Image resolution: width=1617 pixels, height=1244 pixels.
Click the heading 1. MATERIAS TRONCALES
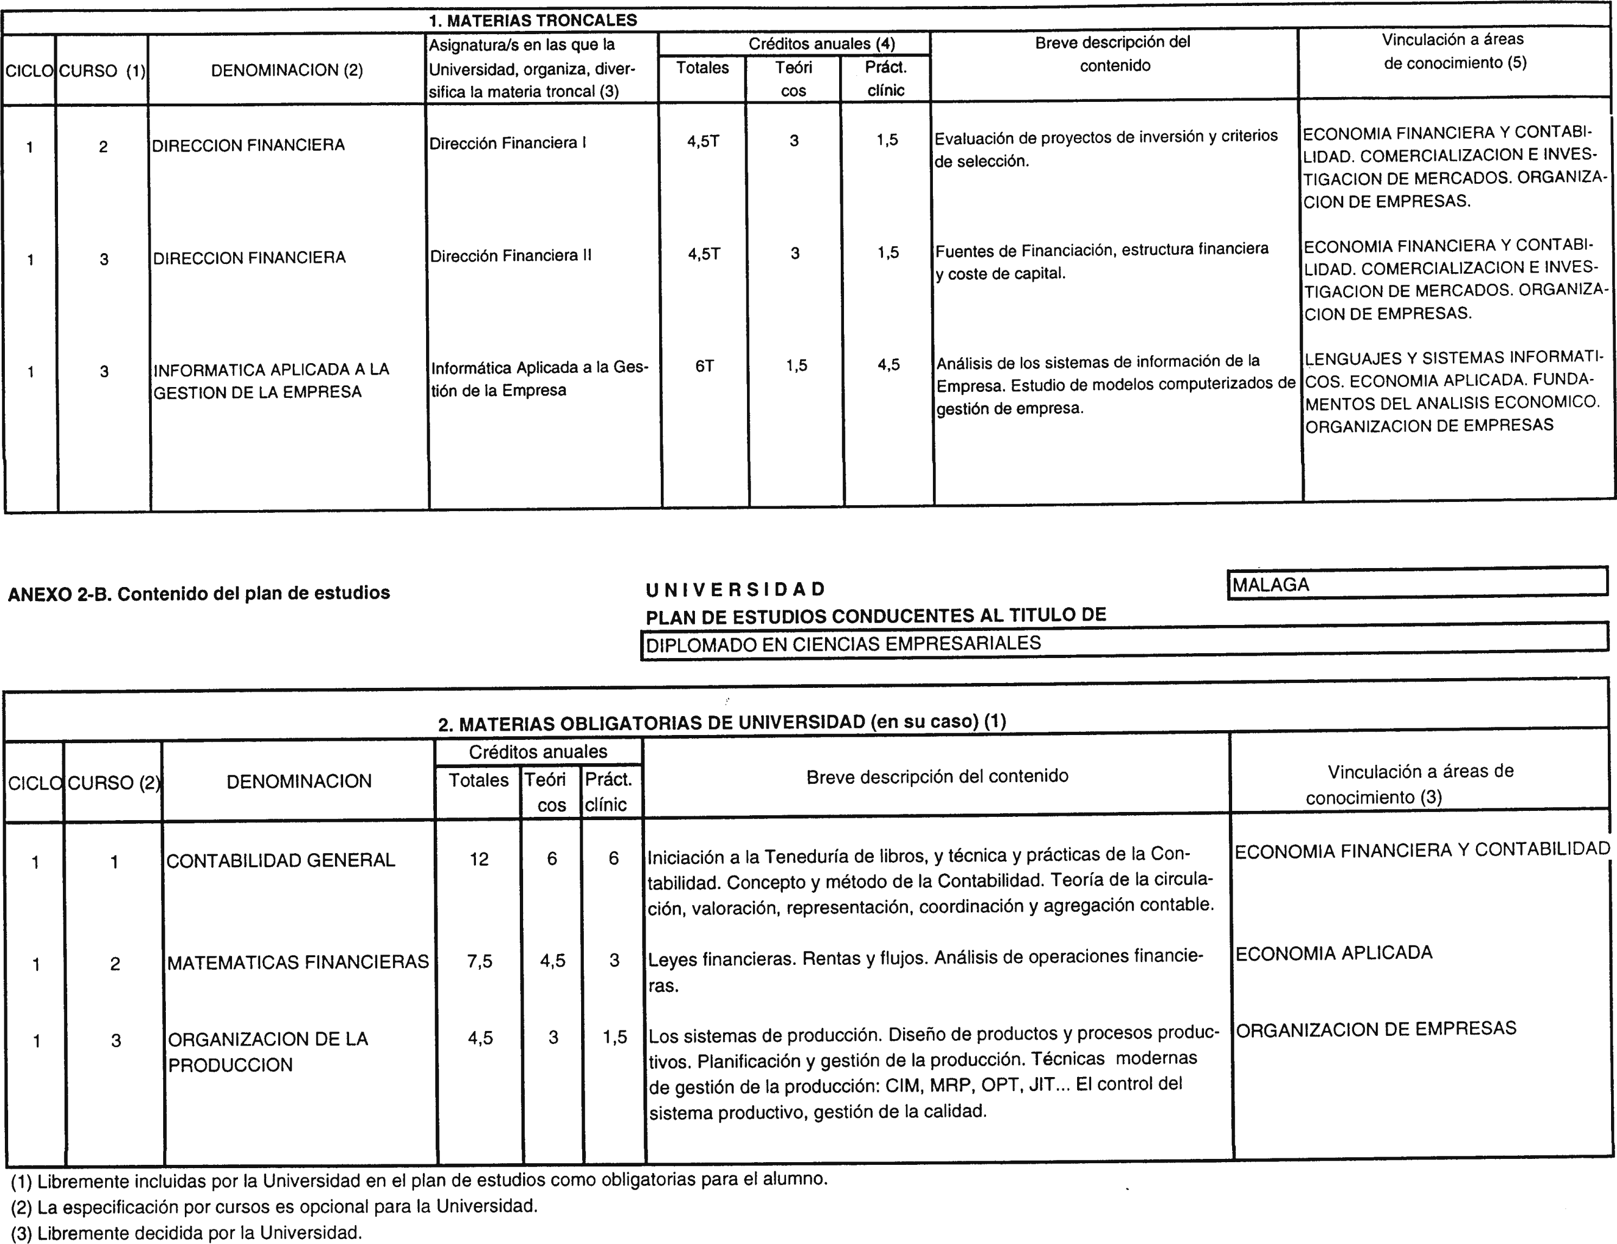coord(532,20)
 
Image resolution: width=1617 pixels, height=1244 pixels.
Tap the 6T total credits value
coord(704,366)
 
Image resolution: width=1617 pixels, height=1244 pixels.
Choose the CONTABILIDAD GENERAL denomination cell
coord(281,860)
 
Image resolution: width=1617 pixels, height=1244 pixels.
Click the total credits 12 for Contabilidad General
coord(479,859)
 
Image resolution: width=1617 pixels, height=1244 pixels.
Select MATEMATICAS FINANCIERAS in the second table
coord(298,962)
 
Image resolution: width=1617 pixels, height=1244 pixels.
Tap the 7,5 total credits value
coord(480,961)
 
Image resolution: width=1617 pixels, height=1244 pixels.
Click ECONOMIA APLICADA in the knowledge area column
coord(1333,953)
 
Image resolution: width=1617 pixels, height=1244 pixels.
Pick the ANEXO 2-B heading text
coord(198,593)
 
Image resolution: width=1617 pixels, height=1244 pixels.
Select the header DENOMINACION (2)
coord(287,70)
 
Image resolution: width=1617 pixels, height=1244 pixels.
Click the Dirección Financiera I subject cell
coord(508,143)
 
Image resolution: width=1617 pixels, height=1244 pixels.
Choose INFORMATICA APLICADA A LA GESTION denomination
coord(271,381)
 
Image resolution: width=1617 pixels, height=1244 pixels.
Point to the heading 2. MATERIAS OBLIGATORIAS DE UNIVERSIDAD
coord(722,722)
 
